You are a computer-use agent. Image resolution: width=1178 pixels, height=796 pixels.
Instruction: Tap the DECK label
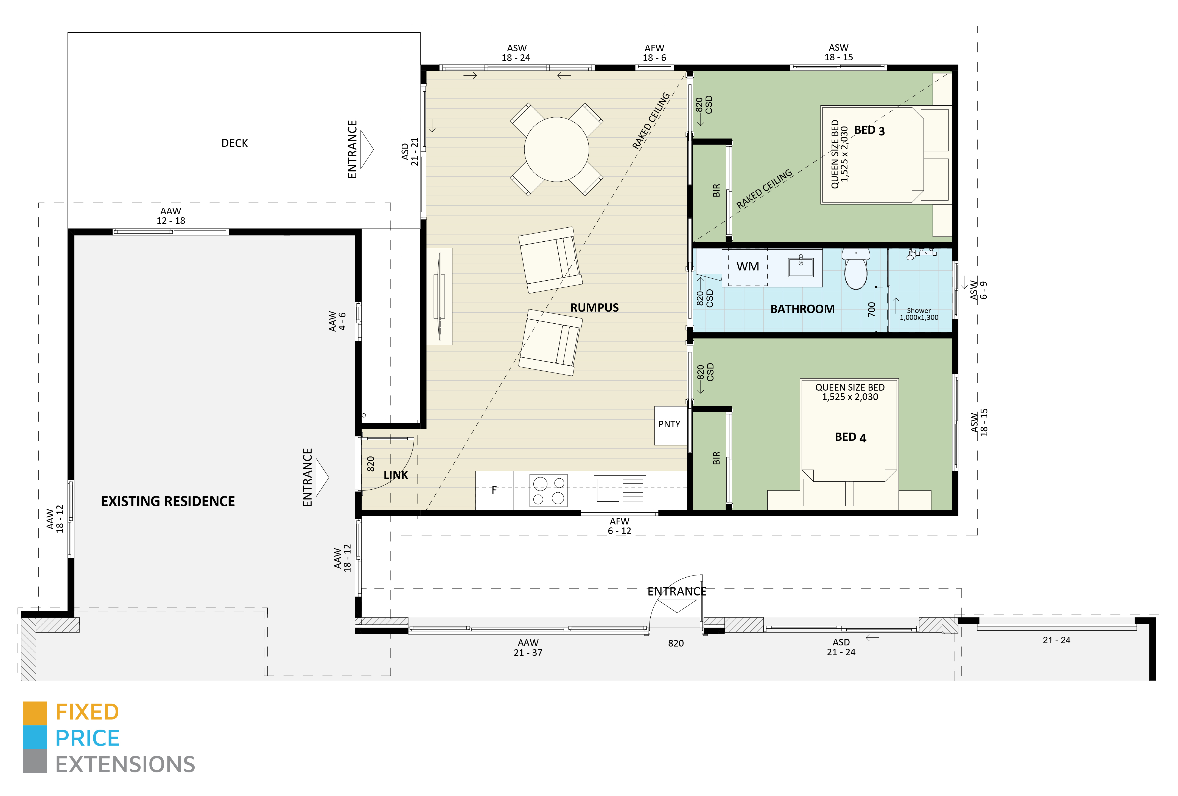point(235,143)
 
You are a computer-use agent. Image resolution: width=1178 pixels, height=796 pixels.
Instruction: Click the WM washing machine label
point(748,266)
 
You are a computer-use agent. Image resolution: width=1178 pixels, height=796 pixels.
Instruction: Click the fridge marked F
point(494,490)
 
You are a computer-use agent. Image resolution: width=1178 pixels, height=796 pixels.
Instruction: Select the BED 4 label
point(850,437)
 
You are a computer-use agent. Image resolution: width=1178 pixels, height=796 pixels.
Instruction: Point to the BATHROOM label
point(802,309)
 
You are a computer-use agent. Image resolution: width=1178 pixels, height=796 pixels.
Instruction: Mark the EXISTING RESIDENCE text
point(168,501)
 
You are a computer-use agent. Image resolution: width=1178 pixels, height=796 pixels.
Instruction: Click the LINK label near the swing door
point(396,475)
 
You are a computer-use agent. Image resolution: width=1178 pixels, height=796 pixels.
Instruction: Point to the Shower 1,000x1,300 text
point(919,314)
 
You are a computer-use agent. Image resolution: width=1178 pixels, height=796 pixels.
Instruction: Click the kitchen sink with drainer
point(619,491)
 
